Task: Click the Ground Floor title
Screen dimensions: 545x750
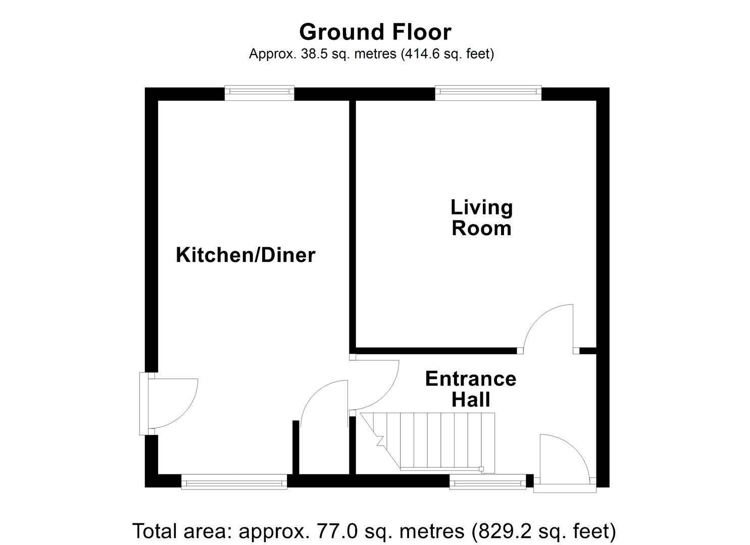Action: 375,32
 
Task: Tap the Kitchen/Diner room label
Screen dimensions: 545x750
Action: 245,255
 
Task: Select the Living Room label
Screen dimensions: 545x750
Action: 481,217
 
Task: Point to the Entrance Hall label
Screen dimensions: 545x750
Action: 470,389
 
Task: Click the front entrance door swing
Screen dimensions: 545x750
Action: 563,460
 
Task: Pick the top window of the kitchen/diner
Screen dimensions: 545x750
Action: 259,91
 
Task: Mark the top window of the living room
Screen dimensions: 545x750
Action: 488,91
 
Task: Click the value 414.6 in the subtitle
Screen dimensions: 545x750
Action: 421,54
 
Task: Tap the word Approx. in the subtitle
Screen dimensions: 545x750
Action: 273,54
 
